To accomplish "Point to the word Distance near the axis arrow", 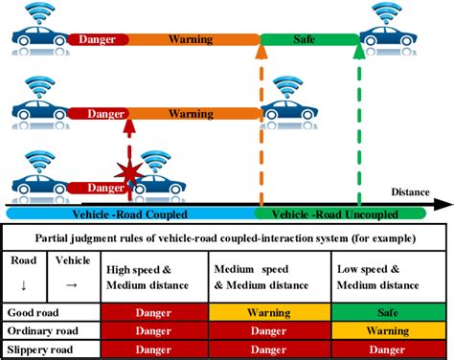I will [x=410, y=191].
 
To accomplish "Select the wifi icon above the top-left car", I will [x=41, y=13].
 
